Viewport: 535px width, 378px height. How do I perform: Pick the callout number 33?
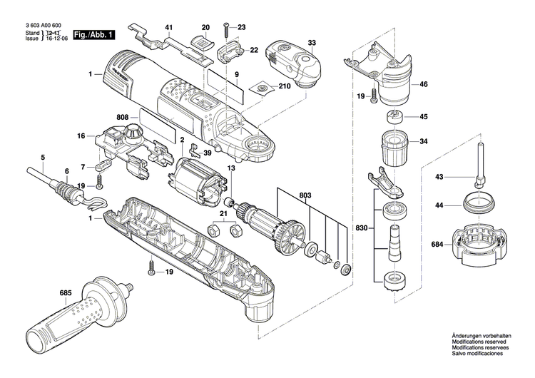(x=312, y=43)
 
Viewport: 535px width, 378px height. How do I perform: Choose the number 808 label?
(x=123, y=117)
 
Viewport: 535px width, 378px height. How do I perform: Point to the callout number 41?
(x=169, y=28)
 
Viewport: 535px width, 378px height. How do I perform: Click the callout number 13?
(x=230, y=168)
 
